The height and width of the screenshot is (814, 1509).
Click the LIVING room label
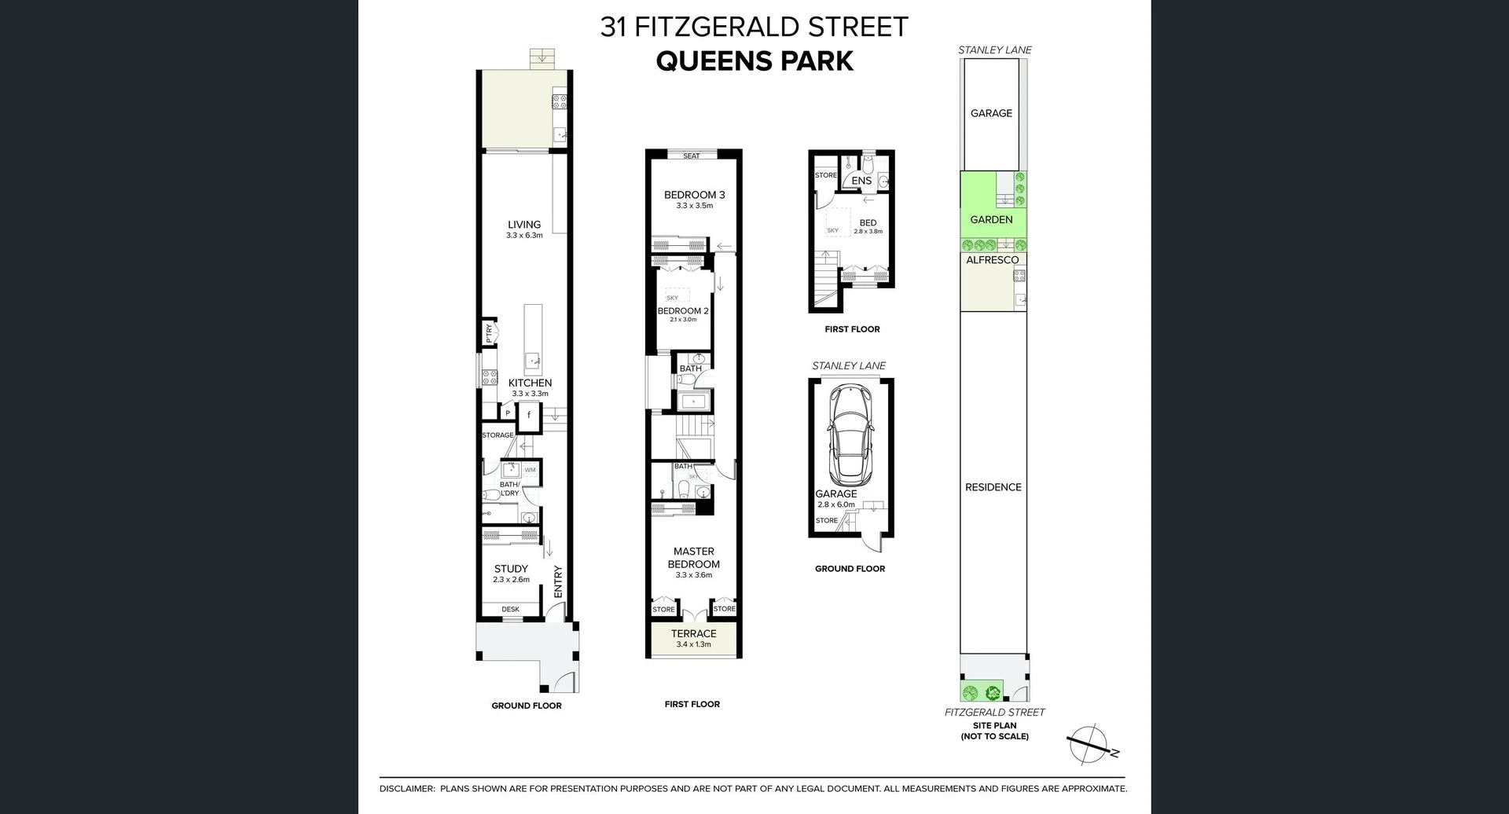pos(524,225)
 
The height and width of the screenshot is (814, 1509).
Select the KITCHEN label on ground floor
pos(530,383)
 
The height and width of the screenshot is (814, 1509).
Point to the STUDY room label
pos(511,569)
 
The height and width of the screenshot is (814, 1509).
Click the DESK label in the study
pos(510,609)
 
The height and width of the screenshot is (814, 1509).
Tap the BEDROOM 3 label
pos(694,195)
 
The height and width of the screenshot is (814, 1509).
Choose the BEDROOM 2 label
pos(683,311)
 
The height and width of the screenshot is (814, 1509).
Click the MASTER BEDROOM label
pos(694,558)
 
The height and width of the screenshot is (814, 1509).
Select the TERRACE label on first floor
pos(693,633)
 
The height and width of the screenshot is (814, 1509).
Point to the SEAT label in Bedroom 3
pos(692,156)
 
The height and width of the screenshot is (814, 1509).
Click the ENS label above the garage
pos(861,181)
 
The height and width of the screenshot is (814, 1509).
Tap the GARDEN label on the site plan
pos(991,220)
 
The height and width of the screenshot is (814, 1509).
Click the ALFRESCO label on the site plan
pos(992,260)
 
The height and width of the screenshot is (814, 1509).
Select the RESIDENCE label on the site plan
pos(993,487)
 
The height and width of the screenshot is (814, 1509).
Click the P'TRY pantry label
pos(489,333)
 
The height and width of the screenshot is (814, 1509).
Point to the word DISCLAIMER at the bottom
pos(406,789)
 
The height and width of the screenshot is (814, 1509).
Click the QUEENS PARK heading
pos(754,61)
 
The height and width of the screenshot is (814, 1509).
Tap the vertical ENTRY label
pos(558,581)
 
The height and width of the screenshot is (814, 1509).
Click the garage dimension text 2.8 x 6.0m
pos(836,504)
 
